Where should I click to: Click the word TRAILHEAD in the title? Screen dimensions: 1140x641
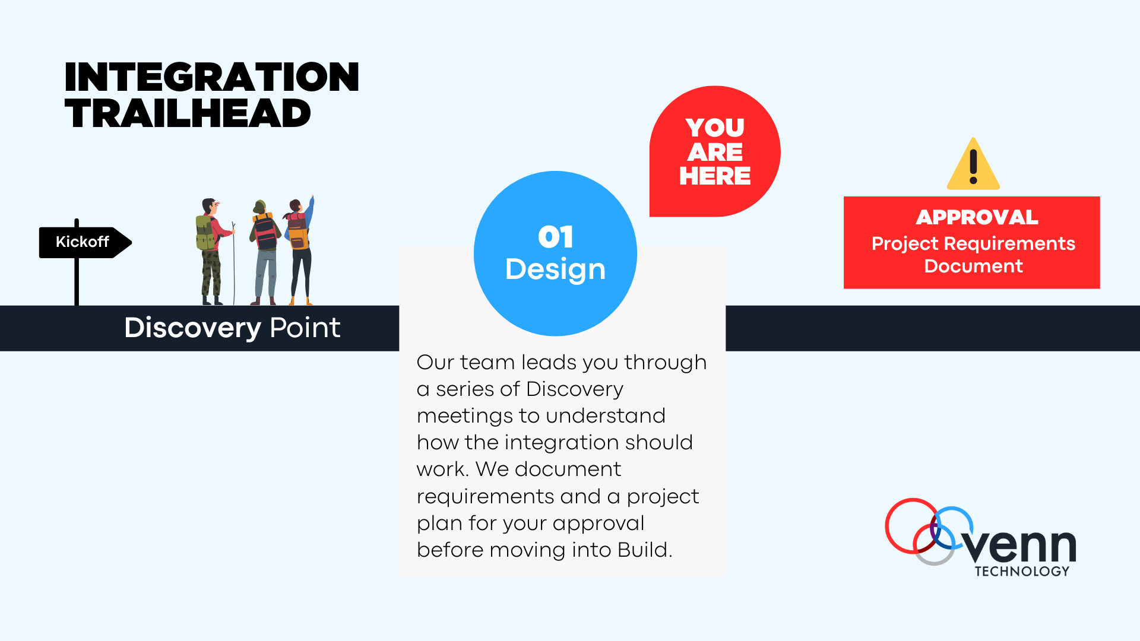click(188, 113)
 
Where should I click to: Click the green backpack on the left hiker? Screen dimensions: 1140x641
click(205, 233)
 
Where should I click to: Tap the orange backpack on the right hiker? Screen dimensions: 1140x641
click(297, 231)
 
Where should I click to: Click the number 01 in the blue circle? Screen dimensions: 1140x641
click(556, 237)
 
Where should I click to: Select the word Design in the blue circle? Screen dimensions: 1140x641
click(555, 269)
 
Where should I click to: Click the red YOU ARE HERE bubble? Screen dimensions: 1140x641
click(715, 151)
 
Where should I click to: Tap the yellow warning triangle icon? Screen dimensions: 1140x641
click(973, 164)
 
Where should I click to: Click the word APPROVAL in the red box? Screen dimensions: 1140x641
click(977, 217)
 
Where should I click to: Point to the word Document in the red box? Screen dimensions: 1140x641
click(973, 266)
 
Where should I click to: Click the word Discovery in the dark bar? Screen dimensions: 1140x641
click(192, 328)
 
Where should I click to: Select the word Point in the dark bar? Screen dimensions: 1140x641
click(305, 328)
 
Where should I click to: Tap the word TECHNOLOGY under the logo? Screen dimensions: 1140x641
click(1022, 571)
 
